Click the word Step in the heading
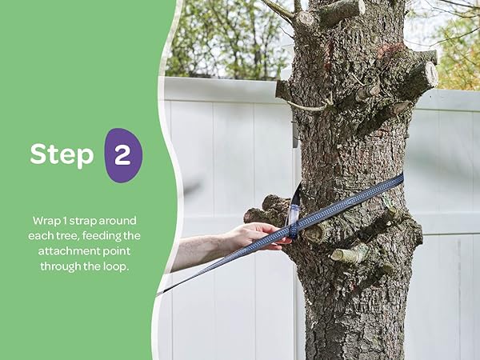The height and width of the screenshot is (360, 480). click(62, 155)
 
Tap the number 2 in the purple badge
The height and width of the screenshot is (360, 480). click(122, 155)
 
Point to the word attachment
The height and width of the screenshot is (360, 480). click(68, 251)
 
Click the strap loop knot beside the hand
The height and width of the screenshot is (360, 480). click(293, 229)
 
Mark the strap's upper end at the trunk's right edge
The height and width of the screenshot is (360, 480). click(401, 178)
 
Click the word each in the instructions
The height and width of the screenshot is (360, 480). click(40, 236)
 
